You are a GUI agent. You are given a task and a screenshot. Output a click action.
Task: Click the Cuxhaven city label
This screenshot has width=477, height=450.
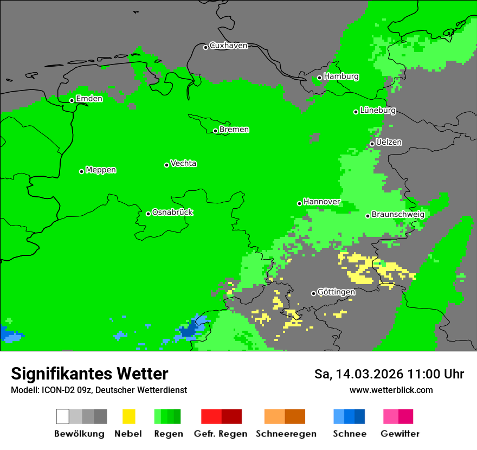[228, 46]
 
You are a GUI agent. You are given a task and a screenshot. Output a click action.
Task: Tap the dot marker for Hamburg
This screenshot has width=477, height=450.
[319, 78]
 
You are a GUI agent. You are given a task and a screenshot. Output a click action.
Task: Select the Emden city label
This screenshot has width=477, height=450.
[89, 99]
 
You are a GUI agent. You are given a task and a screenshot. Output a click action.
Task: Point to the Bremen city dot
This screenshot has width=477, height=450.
[215, 131]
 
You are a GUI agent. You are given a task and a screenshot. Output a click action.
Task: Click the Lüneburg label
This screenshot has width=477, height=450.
[378, 111]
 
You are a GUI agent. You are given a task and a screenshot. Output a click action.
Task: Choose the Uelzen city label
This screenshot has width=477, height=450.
[389, 143]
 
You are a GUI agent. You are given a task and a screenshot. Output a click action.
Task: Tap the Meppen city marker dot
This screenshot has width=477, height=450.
[81, 171]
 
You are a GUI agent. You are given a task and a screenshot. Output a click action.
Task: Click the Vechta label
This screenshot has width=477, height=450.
[183, 163]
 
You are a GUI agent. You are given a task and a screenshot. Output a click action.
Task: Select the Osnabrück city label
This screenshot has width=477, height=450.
[172, 213]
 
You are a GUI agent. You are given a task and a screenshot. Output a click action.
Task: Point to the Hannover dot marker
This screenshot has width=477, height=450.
[299, 203]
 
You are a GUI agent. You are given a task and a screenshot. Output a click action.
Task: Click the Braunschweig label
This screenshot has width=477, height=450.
[398, 215]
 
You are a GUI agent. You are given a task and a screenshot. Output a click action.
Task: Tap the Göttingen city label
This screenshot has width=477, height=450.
[336, 292]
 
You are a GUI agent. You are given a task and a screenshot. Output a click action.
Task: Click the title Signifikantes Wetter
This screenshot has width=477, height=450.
[89, 374]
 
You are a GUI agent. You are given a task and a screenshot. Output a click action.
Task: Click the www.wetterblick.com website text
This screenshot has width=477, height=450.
[391, 390]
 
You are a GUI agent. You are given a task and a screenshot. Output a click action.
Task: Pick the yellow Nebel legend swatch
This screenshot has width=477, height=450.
[128, 416]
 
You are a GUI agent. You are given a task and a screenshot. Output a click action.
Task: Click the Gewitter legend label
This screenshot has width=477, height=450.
[399, 434]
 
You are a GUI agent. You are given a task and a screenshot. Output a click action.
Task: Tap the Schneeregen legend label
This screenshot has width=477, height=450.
[286, 434]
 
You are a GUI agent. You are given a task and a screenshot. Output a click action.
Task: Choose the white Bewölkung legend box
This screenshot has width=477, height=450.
[63, 416]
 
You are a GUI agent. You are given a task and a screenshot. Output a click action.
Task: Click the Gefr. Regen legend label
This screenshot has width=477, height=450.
[221, 434]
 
